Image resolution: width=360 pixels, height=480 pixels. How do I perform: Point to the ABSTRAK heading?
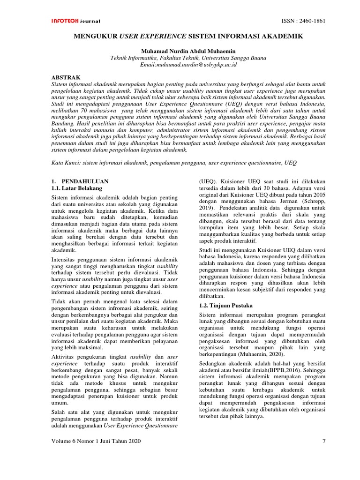click(65, 77)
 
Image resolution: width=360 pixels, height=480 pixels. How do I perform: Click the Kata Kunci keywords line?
click(173, 162)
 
